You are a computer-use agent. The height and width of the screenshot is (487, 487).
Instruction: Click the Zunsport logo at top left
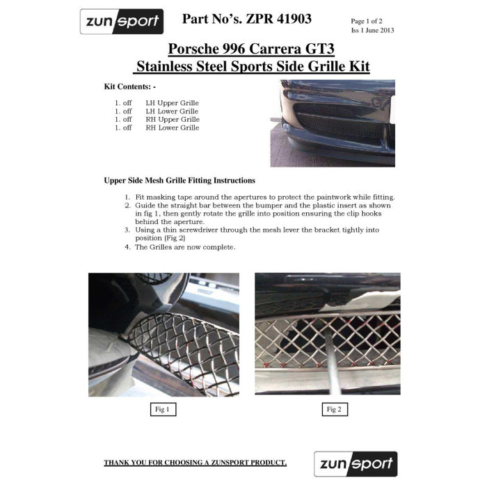pos(122,22)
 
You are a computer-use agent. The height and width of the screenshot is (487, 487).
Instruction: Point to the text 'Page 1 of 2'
pos(369,22)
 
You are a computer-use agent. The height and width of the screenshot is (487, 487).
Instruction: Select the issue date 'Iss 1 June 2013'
pos(373,31)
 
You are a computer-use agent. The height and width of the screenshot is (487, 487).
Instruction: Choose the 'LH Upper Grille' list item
pos(172,103)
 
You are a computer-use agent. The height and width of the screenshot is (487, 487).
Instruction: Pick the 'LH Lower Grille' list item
pos(172,111)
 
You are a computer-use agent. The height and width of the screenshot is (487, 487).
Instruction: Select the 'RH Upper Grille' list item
pos(173,120)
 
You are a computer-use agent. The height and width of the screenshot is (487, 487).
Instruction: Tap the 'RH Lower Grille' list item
pos(173,128)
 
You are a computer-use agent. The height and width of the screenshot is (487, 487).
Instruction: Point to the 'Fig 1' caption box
pos(163,410)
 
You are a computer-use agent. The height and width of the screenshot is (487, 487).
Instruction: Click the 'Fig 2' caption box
pos(333,410)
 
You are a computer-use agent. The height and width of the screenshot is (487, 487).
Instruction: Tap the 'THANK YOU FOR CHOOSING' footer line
pos(195,463)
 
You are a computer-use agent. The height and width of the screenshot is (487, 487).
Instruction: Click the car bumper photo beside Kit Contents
pos(333,122)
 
